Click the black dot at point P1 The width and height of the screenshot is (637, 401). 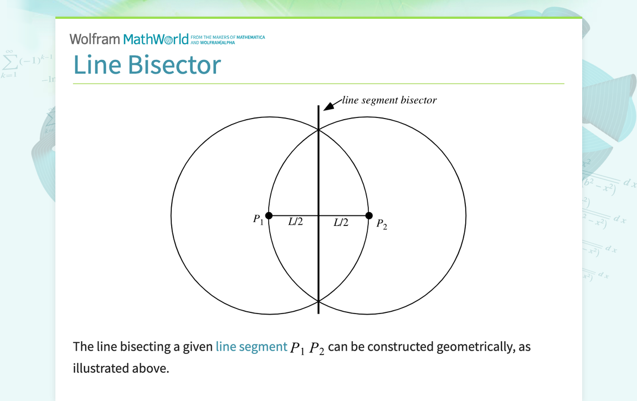(269, 215)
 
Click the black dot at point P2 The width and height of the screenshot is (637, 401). (369, 215)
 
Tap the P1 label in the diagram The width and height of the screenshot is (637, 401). (258, 219)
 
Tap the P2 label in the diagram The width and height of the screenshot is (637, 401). (382, 224)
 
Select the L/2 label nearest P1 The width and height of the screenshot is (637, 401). (296, 222)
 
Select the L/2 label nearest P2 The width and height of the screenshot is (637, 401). (341, 222)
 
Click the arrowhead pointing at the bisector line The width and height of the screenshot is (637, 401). (328, 106)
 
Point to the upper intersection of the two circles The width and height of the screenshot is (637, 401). (318, 130)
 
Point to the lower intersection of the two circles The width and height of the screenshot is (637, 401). (318, 301)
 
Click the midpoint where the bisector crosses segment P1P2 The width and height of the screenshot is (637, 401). (318, 215)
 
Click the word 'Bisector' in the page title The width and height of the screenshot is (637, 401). (174, 65)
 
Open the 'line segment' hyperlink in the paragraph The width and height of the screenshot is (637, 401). (251, 347)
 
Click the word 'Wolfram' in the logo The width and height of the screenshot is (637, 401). (95, 39)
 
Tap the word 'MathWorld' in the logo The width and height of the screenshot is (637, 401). (156, 39)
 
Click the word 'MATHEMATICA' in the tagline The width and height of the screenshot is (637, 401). (251, 37)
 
